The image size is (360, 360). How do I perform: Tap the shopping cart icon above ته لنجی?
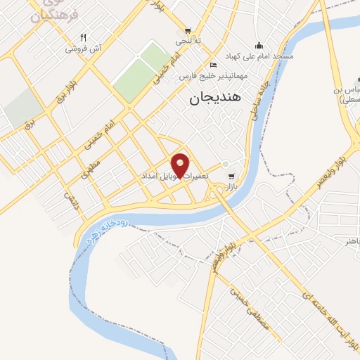coord(187,30)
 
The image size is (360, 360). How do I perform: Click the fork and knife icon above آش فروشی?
coord(83,38)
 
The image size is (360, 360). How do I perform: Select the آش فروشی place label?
coord(84,49)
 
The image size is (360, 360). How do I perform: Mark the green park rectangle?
coord(139,72)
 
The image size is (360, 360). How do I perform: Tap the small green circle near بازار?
coord(225,165)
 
